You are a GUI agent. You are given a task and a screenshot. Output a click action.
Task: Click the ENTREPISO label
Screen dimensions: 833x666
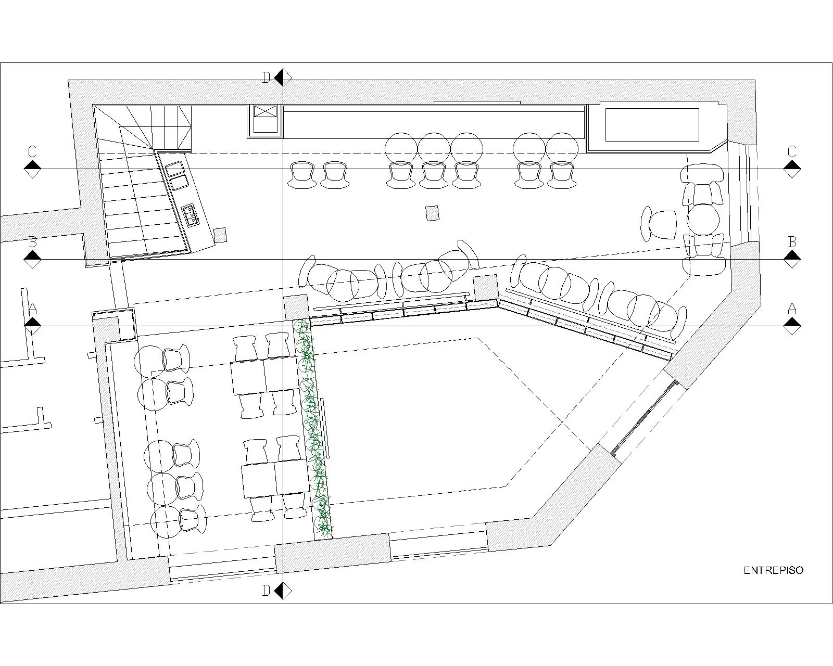tap(774, 570)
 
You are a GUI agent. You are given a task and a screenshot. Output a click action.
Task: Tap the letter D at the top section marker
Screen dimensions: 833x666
tap(266, 78)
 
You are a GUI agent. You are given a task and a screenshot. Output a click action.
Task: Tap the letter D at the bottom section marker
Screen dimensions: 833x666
tap(266, 591)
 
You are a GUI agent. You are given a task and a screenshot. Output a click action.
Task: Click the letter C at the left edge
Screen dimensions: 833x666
tap(32, 151)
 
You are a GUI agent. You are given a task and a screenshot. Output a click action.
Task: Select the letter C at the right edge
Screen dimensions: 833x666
tap(792, 151)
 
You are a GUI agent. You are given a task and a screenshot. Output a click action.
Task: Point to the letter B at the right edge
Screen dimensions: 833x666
tap(792, 242)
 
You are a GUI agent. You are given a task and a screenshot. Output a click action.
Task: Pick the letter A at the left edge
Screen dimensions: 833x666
tap(32, 309)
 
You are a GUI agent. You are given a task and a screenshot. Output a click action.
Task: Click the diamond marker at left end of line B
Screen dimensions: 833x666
tap(32, 259)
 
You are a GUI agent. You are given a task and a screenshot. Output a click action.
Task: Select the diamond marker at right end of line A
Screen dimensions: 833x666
tap(792, 326)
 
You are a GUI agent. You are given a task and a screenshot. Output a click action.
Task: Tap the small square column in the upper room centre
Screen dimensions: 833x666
tap(432, 213)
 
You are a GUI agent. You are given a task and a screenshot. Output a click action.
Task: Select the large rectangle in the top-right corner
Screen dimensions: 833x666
tap(652, 124)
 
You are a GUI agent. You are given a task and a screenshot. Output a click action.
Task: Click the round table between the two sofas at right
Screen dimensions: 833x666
tap(703, 220)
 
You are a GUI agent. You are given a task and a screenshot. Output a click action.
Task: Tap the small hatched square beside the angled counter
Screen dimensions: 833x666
tap(220, 235)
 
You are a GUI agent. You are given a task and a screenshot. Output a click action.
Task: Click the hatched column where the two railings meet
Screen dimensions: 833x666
tap(485, 287)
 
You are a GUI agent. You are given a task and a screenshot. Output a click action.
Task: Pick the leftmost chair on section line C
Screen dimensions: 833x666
tap(302, 175)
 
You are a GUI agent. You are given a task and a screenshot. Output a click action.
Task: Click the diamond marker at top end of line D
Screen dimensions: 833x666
tap(283, 78)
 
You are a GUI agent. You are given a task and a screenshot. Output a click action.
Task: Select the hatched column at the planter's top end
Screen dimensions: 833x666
tap(296, 307)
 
